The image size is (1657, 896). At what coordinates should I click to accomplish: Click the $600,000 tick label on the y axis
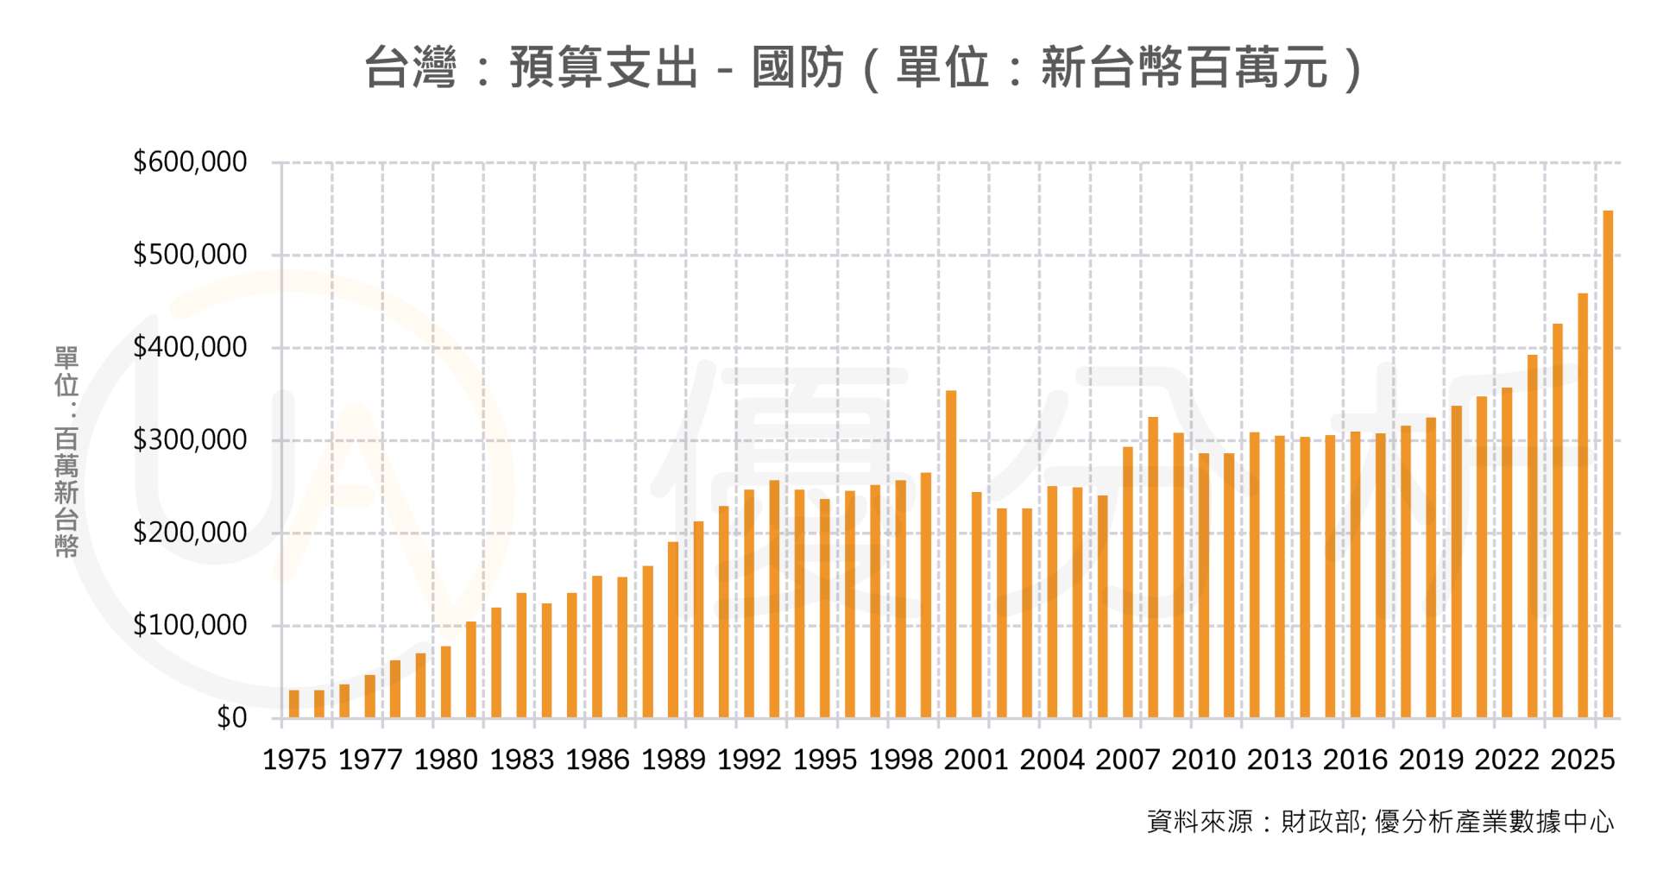point(190,162)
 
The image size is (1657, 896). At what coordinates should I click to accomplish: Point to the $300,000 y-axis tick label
point(190,440)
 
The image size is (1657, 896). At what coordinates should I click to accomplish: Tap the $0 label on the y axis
point(231,718)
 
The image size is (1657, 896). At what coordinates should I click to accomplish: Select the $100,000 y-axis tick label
point(190,625)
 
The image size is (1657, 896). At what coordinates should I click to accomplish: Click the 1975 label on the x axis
point(294,760)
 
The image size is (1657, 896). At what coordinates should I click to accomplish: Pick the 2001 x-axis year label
point(976,760)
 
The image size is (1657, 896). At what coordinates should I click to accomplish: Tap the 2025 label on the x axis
point(1583,760)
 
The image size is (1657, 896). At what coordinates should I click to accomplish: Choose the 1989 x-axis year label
point(673,760)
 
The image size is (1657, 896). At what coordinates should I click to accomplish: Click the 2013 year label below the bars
point(1279,760)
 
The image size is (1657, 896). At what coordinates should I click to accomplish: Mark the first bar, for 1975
point(294,704)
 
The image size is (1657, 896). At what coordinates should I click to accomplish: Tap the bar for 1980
point(446,682)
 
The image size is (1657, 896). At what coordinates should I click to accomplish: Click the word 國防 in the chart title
point(797,67)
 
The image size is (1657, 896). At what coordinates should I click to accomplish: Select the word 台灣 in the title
point(410,67)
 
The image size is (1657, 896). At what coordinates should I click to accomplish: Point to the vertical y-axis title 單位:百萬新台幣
point(66,451)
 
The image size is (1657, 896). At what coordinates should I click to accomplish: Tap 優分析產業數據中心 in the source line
point(1494,821)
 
